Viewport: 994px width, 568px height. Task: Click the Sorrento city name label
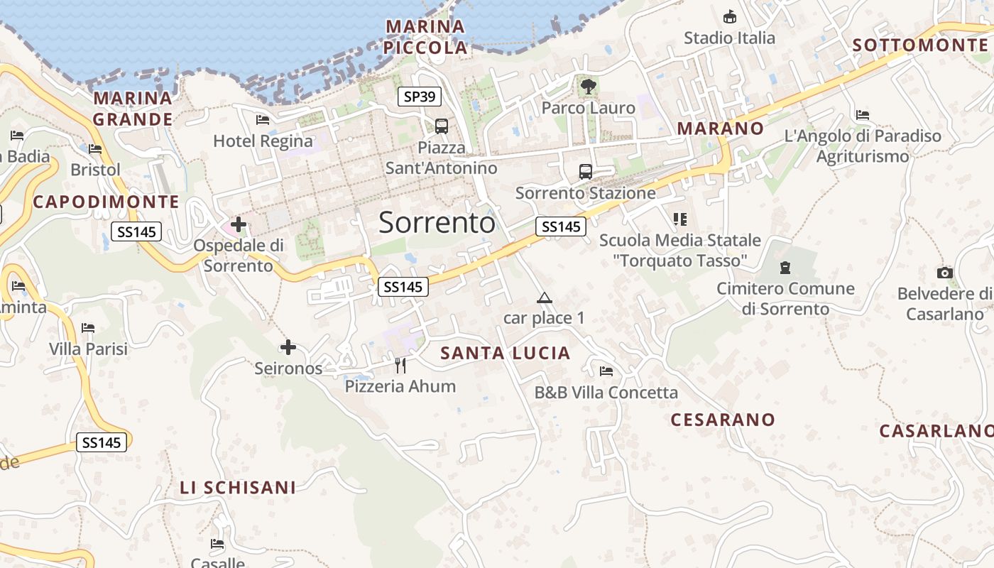[x=437, y=223]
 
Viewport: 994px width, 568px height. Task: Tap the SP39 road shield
[x=419, y=97]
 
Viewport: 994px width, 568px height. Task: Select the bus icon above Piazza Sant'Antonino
[x=442, y=126]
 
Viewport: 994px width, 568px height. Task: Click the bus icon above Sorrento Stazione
[x=586, y=171]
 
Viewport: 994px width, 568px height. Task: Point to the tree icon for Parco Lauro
[x=588, y=87]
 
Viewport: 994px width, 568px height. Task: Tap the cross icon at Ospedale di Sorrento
[x=239, y=225]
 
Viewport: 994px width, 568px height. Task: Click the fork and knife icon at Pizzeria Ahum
[x=400, y=365]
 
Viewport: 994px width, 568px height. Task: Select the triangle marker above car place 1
[x=545, y=297]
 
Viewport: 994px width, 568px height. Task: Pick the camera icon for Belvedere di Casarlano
[x=944, y=273]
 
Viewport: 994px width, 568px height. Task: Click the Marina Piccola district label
[x=425, y=38]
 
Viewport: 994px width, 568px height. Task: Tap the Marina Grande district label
[x=133, y=109]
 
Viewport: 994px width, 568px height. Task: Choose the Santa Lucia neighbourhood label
[x=506, y=353]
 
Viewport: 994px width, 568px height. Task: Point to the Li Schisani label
[x=238, y=488]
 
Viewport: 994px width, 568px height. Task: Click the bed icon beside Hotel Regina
[x=263, y=120]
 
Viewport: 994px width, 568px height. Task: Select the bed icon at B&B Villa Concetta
[x=606, y=371]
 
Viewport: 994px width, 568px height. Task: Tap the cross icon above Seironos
[x=288, y=347]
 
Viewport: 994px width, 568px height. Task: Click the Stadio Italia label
[x=729, y=38]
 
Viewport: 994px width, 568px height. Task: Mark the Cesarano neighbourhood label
[x=723, y=420]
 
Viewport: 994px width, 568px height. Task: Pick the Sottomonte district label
[x=919, y=45]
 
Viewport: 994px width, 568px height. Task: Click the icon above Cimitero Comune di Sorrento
[x=785, y=268]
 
